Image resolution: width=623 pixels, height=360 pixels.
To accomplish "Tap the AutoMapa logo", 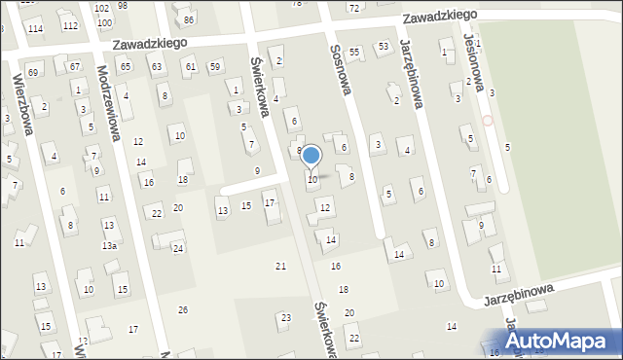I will pyautogui.click(x=562, y=342).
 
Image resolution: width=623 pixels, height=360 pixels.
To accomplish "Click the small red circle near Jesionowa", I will pyautogui.click(x=488, y=122).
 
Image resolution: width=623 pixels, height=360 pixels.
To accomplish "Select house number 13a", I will pyautogui.click(x=110, y=245).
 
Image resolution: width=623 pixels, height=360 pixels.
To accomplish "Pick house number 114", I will pyautogui.click(x=35, y=29).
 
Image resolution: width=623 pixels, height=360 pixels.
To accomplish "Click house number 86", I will pyautogui.click(x=189, y=19).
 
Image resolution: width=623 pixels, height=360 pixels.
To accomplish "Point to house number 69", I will pyautogui.click(x=33, y=72).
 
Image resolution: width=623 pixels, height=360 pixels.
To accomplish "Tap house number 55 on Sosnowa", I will pyautogui.click(x=354, y=52).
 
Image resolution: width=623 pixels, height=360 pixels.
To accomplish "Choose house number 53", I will pyautogui.click(x=384, y=46).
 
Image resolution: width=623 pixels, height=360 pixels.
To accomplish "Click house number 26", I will pyautogui.click(x=182, y=309).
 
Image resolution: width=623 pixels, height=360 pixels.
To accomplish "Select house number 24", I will pyautogui.click(x=178, y=248).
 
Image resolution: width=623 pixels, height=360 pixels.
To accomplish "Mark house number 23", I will pyautogui.click(x=285, y=317).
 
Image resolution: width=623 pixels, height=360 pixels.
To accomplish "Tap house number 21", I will pyautogui.click(x=281, y=266).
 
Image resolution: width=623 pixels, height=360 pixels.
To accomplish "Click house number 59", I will pyautogui.click(x=214, y=66).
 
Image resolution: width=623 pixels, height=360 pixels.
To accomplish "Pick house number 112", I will pyautogui.click(x=70, y=25).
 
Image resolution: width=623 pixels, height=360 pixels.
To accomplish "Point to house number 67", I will pyautogui.click(x=75, y=66).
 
